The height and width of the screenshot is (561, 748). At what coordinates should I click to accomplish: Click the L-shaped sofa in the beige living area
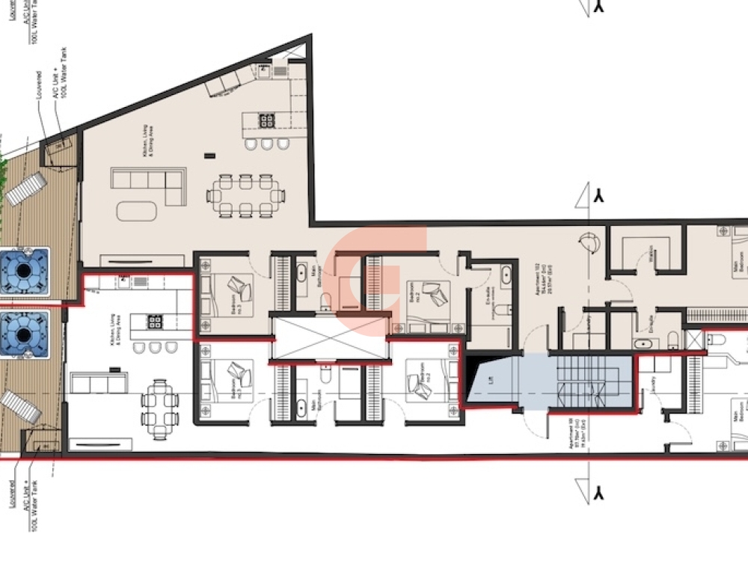[149, 184]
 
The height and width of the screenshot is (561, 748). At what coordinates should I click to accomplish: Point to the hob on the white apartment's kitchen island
[154, 323]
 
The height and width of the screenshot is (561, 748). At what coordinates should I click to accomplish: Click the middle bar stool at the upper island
[268, 143]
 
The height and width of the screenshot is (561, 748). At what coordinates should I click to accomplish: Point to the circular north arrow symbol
[589, 242]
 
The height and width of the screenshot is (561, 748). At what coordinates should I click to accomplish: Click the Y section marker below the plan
[598, 494]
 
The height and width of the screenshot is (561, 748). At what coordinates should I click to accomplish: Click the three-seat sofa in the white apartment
[98, 384]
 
